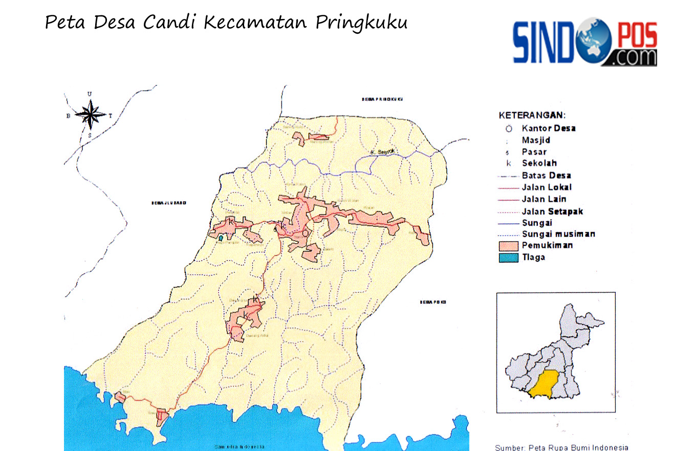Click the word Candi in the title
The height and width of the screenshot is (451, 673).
(x=169, y=23)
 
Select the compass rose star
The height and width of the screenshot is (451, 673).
(x=90, y=114)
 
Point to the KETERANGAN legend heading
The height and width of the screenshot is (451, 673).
(x=532, y=116)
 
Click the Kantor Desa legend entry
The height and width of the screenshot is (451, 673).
(x=548, y=128)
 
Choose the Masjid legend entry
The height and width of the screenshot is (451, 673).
(x=536, y=140)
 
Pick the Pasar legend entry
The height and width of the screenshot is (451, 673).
(x=534, y=152)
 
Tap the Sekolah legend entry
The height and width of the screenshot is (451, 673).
(x=539, y=163)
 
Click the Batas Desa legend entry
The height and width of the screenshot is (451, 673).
(x=546, y=176)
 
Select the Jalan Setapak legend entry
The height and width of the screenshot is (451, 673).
(x=552, y=211)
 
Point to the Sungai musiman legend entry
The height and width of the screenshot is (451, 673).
(x=558, y=234)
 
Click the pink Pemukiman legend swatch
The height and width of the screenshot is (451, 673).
(x=508, y=246)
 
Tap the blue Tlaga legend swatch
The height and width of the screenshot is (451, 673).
(x=508, y=257)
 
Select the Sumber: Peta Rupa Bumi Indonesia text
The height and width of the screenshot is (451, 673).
(x=561, y=447)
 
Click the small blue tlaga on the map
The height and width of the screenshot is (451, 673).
(x=221, y=238)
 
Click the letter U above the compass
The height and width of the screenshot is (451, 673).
(x=90, y=94)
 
